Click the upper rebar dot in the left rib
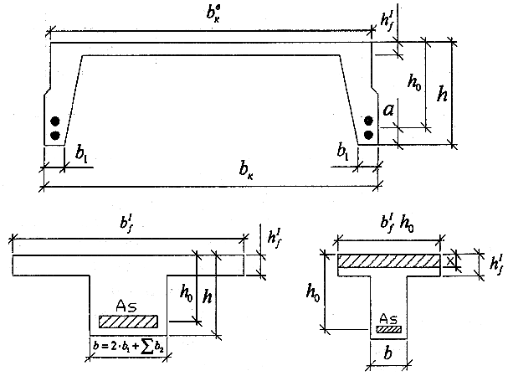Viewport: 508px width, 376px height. (55, 120)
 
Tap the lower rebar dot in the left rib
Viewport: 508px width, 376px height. (55, 135)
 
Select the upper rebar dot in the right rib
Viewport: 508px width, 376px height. (367, 120)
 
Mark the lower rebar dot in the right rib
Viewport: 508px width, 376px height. (367, 135)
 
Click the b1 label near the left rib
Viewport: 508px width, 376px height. (80, 154)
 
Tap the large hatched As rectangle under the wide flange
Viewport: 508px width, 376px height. (128, 322)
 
